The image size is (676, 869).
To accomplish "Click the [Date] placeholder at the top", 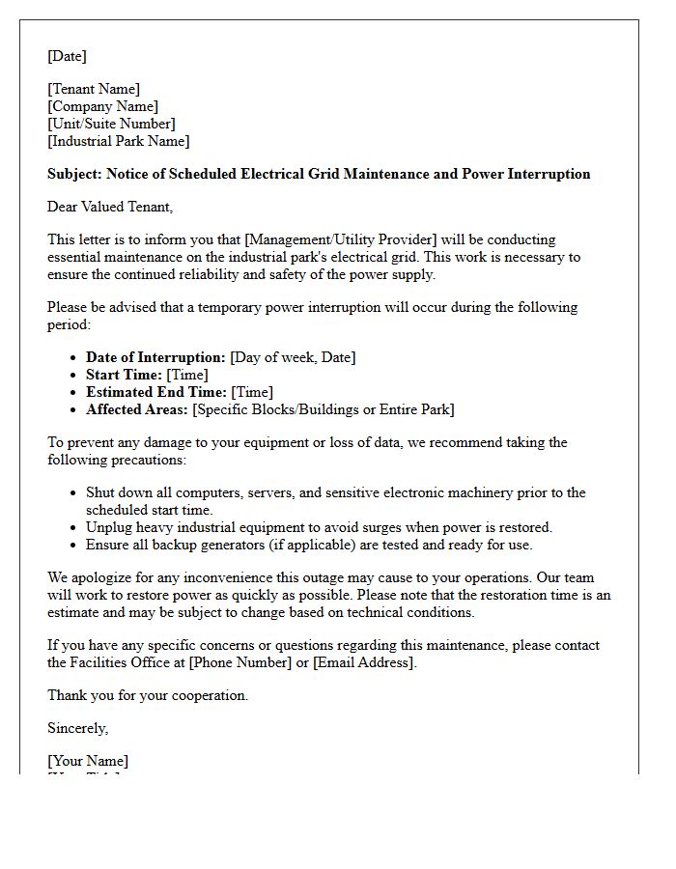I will click(67, 56).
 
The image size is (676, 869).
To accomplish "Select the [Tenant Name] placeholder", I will click(94, 90).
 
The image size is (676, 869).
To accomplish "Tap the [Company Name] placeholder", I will click(102, 107).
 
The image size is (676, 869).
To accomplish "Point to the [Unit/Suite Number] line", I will click(111, 125).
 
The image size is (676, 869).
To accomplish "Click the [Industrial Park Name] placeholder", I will click(118, 142).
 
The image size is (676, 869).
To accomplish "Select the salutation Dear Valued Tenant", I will click(109, 207).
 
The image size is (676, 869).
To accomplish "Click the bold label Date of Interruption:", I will click(155, 358).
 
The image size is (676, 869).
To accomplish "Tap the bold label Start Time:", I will click(124, 376).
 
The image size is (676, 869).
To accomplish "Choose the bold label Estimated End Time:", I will click(156, 393).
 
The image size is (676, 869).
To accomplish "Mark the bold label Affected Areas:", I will click(137, 410).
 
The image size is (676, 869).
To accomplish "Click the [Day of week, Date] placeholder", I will click(293, 358).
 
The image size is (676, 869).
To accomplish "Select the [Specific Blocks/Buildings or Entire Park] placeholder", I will click(324, 410).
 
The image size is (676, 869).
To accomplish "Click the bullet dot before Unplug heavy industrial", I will click(74, 528).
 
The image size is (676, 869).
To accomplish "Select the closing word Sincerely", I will click(77, 728).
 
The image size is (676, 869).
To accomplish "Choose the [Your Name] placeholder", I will click(88, 762).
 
